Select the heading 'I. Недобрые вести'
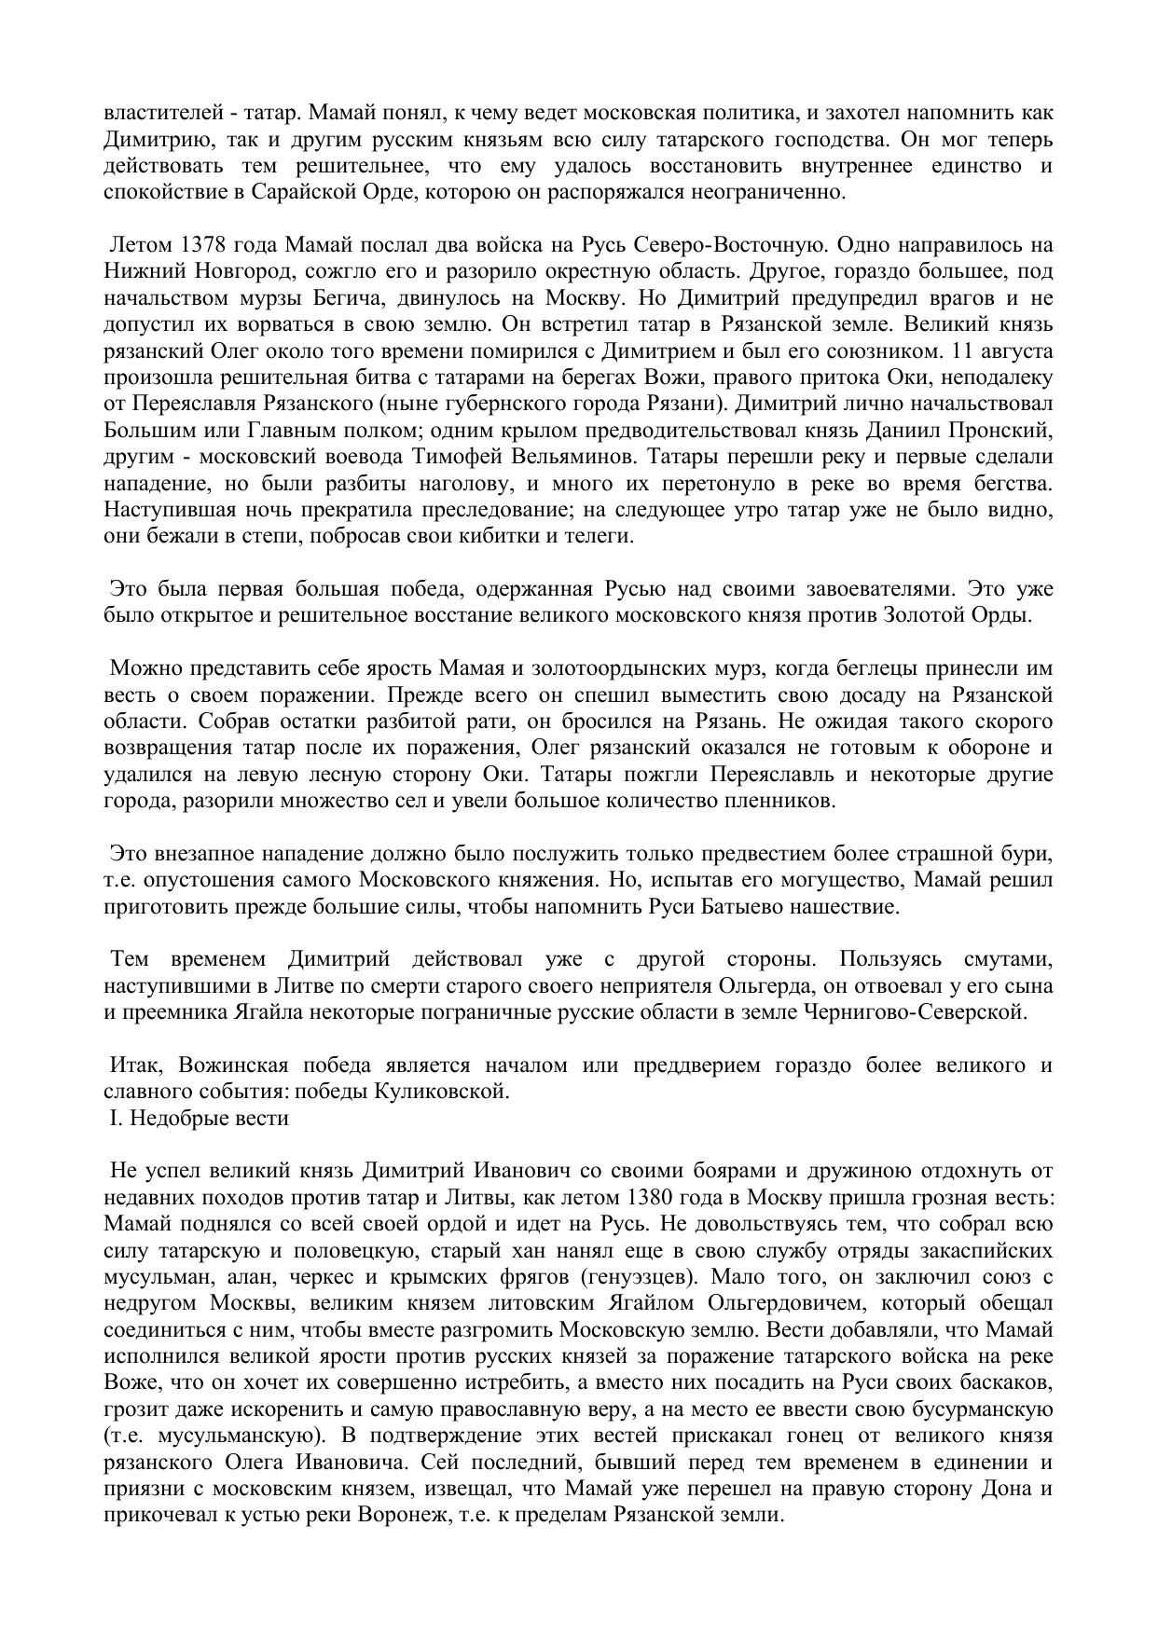(x=199, y=1118)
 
